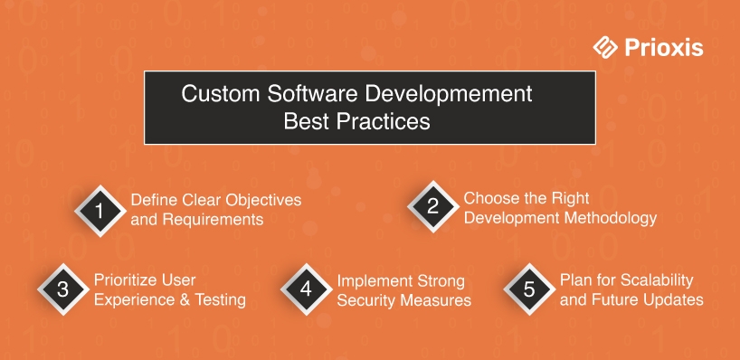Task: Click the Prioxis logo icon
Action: (605, 47)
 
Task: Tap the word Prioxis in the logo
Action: (663, 48)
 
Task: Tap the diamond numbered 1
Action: (100, 211)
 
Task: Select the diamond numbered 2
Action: (432, 206)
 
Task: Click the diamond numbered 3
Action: (62, 289)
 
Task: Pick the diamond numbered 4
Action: (306, 289)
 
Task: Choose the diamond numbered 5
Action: (529, 289)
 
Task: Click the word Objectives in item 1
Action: (262, 201)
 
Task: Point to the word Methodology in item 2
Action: (609, 219)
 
